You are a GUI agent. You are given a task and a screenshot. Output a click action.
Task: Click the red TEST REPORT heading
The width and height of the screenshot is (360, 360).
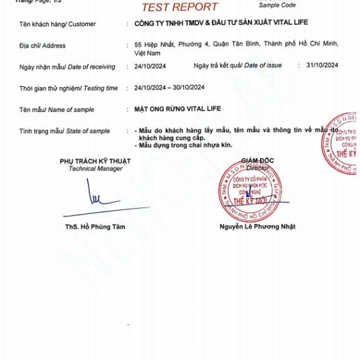pyautogui.click(x=179, y=7)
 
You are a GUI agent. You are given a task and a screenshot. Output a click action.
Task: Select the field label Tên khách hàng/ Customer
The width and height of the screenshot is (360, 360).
pyautogui.click(x=57, y=24)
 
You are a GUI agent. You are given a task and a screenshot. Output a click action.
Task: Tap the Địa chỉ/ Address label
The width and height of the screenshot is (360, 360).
pyautogui.click(x=42, y=46)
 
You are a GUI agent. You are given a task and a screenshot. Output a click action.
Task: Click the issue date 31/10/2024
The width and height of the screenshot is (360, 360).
pyautogui.click(x=322, y=66)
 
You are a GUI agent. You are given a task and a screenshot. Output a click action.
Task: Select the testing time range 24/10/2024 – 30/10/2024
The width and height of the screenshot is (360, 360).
pyautogui.click(x=169, y=87)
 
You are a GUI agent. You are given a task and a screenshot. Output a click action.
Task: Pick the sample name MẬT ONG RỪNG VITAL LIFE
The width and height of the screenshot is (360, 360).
pyautogui.click(x=173, y=109)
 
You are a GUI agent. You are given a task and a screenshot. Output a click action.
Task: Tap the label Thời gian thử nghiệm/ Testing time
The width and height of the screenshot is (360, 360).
pyautogui.click(x=68, y=88)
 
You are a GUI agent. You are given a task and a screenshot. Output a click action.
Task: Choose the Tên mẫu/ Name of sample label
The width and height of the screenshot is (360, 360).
pyautogui.click(x=57, y=109)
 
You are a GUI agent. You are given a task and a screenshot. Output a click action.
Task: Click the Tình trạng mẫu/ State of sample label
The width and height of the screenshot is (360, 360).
pyautogui.click(x=65, y=131)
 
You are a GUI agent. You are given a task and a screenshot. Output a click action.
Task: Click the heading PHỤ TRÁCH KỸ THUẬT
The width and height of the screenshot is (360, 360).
pyautogui.click(x=95, y=161)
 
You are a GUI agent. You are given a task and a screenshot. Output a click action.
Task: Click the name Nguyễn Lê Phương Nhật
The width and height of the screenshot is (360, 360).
pyautogui.click(x=257, y=227)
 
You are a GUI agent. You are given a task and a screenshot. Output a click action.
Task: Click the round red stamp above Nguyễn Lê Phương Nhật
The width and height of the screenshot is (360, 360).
pyautogui.click(x=253, y=191)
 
